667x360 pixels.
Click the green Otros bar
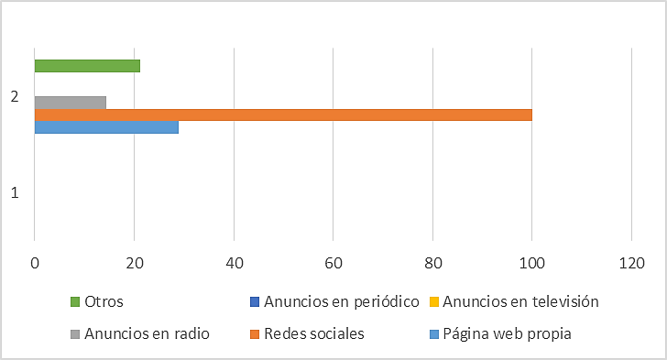pyautogui.click(x=87, y=66)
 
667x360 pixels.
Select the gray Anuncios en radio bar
pyautogui.click(x=71, y=102)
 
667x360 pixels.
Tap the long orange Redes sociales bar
pyautogui.click(x=282, y=115)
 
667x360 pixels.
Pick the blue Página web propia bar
pyautogui.click(x=106, y=127)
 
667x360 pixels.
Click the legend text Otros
pyautogui.click(x=104, y=300)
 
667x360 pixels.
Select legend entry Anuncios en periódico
pyautogui.click(x=341, y=300)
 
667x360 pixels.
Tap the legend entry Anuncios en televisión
pyautogui.click(x=521, y=300)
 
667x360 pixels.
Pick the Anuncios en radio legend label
pyautogui.click(x=147, y=333)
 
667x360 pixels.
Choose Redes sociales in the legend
pyautogui.click(x=313, y=333)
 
